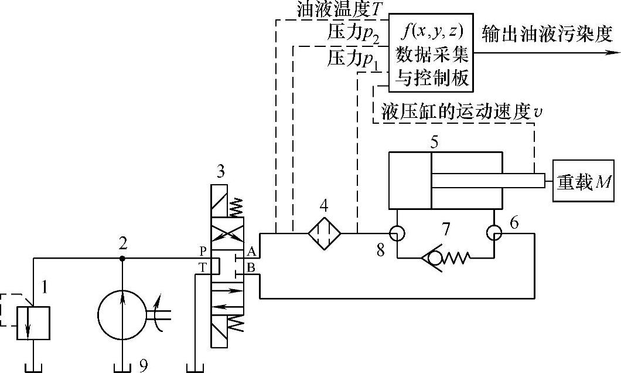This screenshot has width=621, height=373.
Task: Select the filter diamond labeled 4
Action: tap(325, 233)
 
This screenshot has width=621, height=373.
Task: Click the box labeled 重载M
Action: tap(584, 181)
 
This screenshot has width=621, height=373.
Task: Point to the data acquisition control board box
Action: tap(433, 52)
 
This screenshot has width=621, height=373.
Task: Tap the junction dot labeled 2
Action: tap(122, 258)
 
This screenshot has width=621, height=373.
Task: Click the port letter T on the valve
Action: tap(203, 265)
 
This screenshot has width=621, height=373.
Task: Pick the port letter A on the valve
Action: tap(250, 252)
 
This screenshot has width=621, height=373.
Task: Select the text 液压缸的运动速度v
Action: tap(460, 110)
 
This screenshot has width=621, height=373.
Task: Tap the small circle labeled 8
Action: tap(397, 233)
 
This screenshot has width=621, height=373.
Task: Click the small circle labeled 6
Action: tap(494, 233)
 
